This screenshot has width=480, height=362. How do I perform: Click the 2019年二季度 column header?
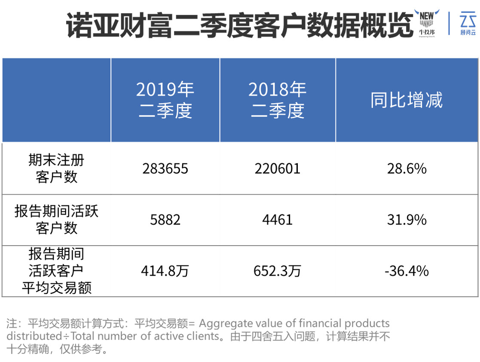(x=165, y=100)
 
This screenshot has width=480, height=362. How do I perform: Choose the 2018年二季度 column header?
(x=278, y=100)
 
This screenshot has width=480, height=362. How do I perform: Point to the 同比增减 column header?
(x=407, y=100)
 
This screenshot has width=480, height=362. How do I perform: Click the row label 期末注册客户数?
(x=56, y=168)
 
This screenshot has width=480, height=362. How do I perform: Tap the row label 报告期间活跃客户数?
(x=56, y=219)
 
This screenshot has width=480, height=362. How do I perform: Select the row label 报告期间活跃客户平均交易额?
(x=56, y=271)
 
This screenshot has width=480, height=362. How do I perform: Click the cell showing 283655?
(x=165, y=168)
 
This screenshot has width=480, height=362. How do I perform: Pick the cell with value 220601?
(x=278, y=168)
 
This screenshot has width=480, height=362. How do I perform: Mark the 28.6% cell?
(x=407, y=168)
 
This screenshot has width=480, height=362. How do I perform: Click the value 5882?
(x=165, y=220)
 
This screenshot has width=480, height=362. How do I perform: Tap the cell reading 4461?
(x=278, y=220)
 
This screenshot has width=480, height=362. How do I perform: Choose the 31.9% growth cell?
(x=407, y=220)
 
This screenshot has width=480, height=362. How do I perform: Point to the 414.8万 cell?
(x=165, y=271)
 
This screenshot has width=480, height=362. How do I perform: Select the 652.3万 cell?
(x=278, y=271)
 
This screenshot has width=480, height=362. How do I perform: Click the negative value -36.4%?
(x=407, y=271)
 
